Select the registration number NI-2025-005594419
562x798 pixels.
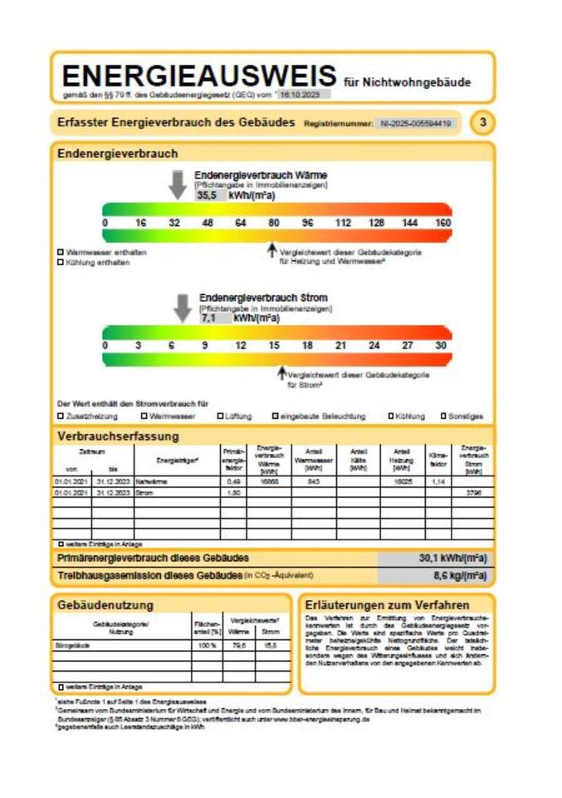tap(415, 123)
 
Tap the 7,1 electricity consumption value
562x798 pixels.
tap(208, 317)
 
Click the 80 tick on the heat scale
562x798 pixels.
tap(273, 223)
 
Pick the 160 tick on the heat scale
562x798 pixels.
tap(442, 223)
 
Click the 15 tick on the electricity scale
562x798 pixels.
tap(273, 345)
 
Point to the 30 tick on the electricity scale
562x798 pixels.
tap(441, 345)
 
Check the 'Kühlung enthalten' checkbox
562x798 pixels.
tap(61, 263)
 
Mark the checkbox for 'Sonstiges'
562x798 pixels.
tap(444, 416)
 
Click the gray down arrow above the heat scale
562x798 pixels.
tap(178, 185)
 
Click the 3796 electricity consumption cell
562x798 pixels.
tap(474, 492)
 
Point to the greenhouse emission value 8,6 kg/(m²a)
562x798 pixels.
tap(459, 574)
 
